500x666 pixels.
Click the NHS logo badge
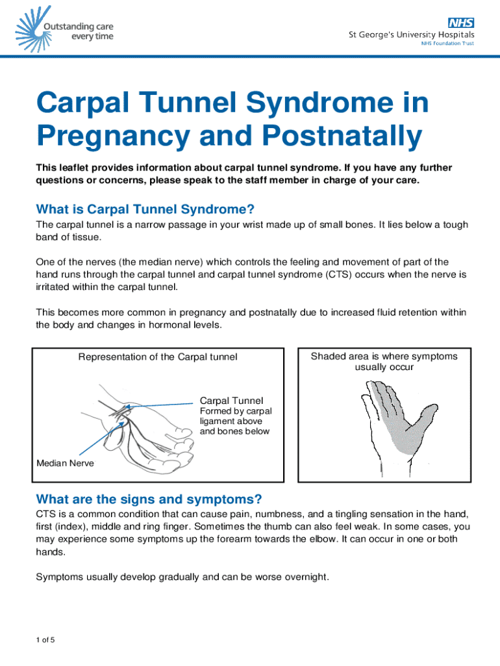click(461, 23)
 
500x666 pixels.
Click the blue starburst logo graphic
click(34, 29)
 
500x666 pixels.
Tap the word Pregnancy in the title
click(113, 135)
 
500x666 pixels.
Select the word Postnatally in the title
click(342, 135)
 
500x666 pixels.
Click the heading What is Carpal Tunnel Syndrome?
click(145, 209)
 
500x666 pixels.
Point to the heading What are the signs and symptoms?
click(149, 499)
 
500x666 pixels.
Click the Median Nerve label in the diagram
click(66, 463)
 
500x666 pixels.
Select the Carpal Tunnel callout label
click(232, 401)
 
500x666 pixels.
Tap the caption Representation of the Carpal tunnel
click(158, 357)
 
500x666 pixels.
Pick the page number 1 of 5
click(45, 640)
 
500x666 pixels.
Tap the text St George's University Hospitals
click(412, 34)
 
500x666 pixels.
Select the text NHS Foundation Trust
click(447, 44)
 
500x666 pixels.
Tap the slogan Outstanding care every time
click(79, 31)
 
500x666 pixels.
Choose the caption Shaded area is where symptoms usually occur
click(384, 362)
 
